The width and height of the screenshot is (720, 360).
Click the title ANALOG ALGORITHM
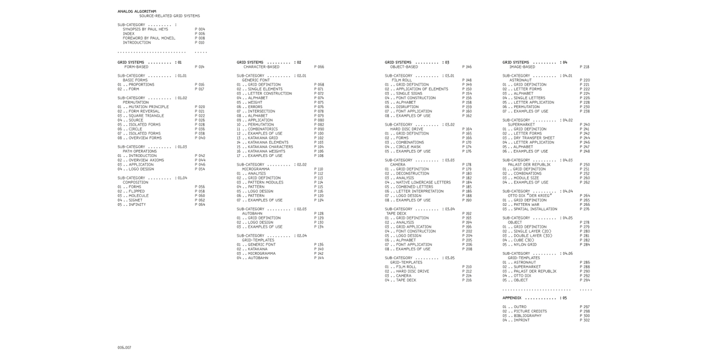click(137, 11)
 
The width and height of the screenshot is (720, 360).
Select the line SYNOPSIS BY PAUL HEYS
click(145, 29)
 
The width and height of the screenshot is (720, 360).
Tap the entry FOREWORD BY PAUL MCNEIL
click(149, 38)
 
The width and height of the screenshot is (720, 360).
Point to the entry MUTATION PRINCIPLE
click(148, 107)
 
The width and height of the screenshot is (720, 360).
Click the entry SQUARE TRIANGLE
click(146, 116)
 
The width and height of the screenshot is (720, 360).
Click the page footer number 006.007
click(124, 347)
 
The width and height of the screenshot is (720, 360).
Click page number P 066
click(319, 67)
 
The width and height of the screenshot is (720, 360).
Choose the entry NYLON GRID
click(525, 245)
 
